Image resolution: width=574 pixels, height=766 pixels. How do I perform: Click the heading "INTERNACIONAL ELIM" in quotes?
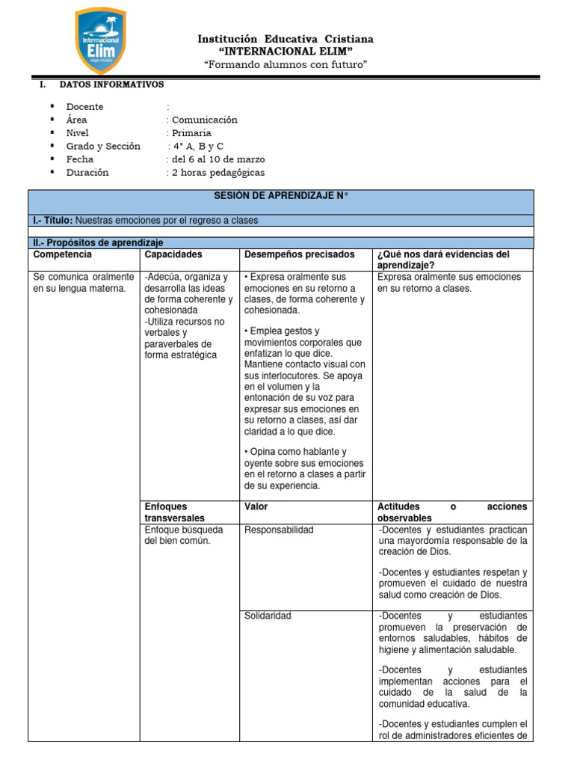[x=285, y=51]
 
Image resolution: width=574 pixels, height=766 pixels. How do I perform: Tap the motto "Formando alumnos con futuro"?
[x=286, y=65]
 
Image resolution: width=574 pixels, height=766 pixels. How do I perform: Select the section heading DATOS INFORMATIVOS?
[x=111, y=85]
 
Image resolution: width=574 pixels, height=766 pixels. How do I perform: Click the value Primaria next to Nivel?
[x=191, y=133]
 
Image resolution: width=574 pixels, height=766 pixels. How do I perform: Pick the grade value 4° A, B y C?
[x=197, y=147]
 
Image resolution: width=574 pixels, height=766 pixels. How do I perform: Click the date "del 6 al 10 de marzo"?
[x=217, y=159]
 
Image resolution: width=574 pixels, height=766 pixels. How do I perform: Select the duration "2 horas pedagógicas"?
[x=217, y=173]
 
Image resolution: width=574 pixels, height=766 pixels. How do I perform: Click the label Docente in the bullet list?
[x=84, y=107]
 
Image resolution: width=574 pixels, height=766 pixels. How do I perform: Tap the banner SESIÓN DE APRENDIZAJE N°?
[x=281, y=196]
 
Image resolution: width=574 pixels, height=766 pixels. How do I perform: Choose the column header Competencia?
[x=62, y=255]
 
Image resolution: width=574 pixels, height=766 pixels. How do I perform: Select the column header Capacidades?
[x=173, y=255]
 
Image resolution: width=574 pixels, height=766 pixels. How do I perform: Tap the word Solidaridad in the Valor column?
[x=268, y=616]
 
